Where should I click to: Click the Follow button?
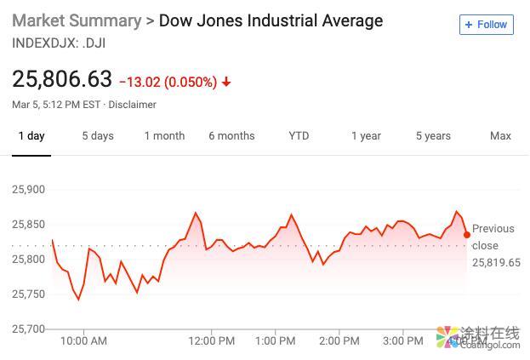(487, 25)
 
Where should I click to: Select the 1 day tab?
(31, 136)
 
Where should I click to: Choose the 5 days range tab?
(97, 136)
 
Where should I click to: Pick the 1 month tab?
(164, 136)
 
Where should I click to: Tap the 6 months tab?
(231, 136)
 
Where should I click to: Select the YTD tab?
(299, 136)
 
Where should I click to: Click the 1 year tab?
(366, 136)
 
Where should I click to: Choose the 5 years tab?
(433, 136)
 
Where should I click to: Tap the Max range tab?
(500, 136)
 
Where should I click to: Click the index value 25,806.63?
(62, 79)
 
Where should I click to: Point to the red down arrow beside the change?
(226, 83)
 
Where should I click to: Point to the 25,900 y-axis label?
(29, 189)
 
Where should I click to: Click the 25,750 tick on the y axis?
(29, 294)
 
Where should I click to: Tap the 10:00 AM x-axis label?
(83, 341)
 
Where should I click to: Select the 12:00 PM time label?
(211, 341)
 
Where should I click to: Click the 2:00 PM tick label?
(339, 341)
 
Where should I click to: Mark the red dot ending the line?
(467, 235)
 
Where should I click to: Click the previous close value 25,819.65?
(496, 263)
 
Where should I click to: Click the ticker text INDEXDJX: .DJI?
(59, 43)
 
